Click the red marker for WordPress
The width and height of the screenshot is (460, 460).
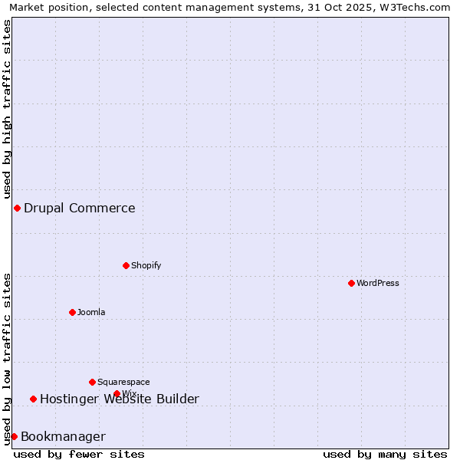(351, 283)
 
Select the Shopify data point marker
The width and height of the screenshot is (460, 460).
(126, 265)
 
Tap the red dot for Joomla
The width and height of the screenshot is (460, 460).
(72, 312)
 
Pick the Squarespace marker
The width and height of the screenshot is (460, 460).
(92, 382)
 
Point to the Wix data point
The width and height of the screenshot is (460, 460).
(117, 393)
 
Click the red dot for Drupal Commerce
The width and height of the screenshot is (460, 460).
(17, 208)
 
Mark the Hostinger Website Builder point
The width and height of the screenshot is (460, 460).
(33, 399)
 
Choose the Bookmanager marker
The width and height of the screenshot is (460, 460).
(14, 436)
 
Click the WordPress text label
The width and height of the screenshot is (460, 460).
(378, 283)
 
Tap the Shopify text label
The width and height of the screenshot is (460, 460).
(146, 265)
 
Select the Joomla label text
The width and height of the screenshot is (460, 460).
(91, 312)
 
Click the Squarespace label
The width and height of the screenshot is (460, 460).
(123, 382)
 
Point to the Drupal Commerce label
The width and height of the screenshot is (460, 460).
(80, 208)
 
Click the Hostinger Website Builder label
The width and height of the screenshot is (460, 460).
(120, 399)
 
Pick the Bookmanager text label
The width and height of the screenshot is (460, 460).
(63, 437)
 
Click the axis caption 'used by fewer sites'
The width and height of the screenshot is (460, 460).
(79, 454)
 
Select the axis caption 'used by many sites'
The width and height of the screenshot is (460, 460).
(385, 454)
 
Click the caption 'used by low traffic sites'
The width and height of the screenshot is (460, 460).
(7, 359)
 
